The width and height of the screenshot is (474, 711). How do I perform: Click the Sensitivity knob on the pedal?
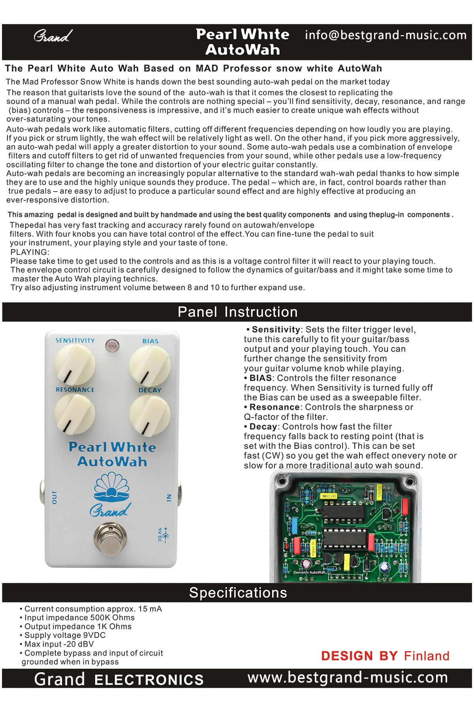tap(74, 364)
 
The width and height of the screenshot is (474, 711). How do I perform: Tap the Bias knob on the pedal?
tap(150, 365)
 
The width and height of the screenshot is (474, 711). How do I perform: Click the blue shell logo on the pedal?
tap(111, 486)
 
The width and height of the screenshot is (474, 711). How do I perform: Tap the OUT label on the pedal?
tap(55, 497)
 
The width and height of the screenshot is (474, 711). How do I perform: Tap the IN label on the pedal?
tap(169, 498)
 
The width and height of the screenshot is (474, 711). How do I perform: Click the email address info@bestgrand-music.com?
tap(386, 35)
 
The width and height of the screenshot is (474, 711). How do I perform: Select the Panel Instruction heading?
tap(237, 312)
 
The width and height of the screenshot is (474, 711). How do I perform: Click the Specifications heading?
tap(238, 593)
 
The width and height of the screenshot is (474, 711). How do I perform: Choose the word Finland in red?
tap(427, 656)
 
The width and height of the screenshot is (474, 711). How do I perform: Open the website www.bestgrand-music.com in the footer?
tap(348, 678)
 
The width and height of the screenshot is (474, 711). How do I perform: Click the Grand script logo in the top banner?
tap(53, 36)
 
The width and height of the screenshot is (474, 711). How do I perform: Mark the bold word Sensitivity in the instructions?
tap(276, 329)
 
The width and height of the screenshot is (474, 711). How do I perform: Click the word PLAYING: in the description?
tap(30, 252)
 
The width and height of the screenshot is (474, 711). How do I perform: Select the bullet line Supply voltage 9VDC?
tap(63, 635)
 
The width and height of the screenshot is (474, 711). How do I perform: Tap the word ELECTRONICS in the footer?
tap(149, 679)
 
